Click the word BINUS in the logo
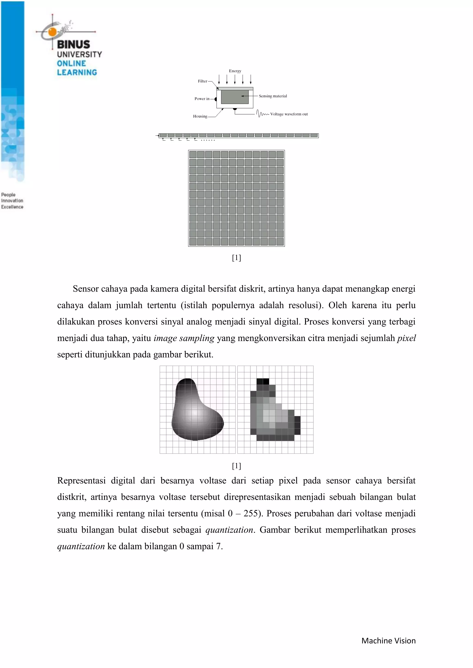tap(73, 45)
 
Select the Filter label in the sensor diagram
tap(202, 81)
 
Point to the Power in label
tap(202, 99)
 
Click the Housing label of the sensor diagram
tap(200, 116)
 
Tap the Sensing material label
tap(273, 96)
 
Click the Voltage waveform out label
tap(289, 114)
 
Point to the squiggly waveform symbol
tap(262, 114)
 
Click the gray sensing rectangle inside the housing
tap(234, 97)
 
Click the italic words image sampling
tap(184, 338)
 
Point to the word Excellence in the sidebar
tap(12, 207)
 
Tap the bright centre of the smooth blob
tap(194, 413)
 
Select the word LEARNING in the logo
tap(77, 72)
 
